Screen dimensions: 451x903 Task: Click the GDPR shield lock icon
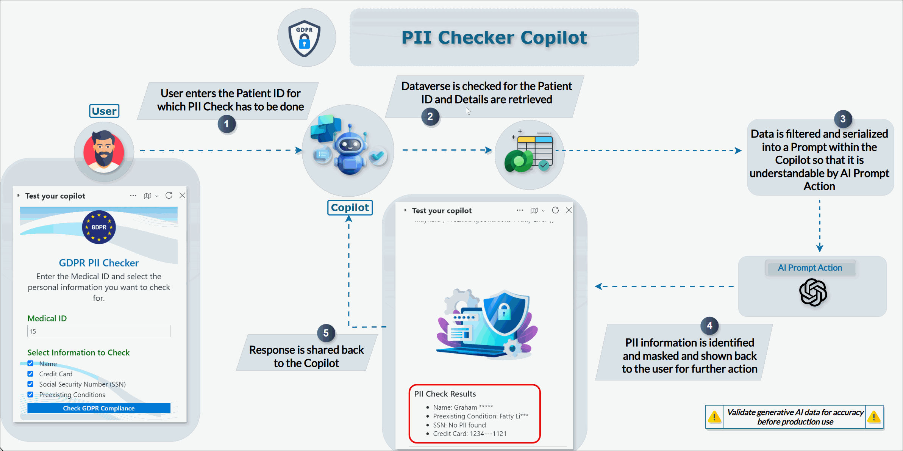[x=305, y=38]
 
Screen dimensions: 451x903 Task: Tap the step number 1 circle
[x=227, y=124]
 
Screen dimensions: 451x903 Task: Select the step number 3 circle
[x=843, y=119]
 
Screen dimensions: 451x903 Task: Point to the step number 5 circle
[x=326, y=333]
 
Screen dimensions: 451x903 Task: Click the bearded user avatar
[x=104, y=151]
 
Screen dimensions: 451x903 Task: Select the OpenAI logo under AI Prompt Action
[x=813, y=292]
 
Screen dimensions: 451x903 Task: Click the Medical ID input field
[x=99, y=331]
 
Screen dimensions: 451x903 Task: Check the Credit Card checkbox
[x=30, y=374]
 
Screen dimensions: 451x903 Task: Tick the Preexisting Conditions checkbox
[x=30, y=395]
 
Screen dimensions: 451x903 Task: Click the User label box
[x=104, y=111]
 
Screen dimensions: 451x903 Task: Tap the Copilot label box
[x=350, y=208]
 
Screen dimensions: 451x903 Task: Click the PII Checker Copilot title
[x=494, y=38]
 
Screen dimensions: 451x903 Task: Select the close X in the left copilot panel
[x=182, y=196]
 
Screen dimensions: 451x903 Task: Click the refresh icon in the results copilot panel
[x=555, y=210]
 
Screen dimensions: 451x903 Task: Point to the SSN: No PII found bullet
[x=459, y=425]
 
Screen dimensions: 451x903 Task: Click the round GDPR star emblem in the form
[x=99, y=227]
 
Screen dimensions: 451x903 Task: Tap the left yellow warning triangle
[x=714, y=417]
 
